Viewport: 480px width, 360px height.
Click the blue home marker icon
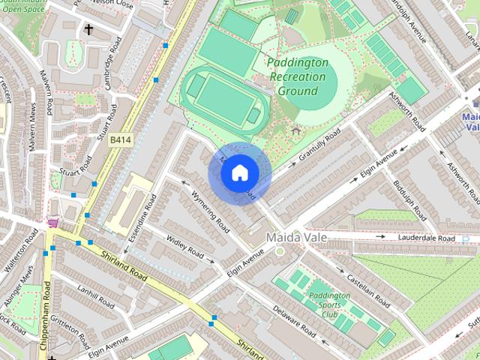click(x=239, y=173)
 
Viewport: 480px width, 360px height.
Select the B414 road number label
click(x=120, y=140)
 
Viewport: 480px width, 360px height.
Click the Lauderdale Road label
click(x=425, y=238)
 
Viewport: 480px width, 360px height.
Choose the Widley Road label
click(x=185, y=248)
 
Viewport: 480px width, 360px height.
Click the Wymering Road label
click(x=210, y=211)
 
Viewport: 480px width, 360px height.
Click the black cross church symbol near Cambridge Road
click(x=88, y=30)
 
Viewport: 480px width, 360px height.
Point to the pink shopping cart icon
click(x=53, y=223)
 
